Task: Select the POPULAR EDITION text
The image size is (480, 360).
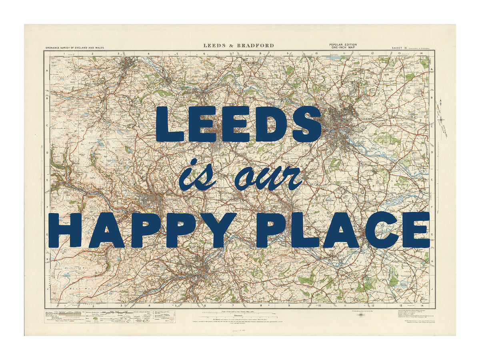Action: (343, 44)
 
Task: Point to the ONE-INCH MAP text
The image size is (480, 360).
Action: (343, 48)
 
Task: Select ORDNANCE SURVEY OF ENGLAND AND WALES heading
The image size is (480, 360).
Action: (74, 48)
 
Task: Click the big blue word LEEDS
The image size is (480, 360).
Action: (238, 124)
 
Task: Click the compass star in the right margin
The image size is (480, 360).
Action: (442, 119)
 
